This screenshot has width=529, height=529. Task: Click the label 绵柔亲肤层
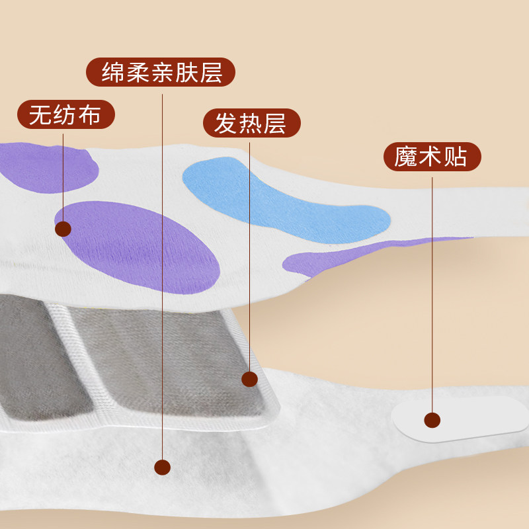162,72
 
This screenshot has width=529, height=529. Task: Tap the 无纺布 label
65,115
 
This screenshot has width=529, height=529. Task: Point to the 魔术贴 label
432,157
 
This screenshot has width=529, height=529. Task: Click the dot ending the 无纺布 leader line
63,229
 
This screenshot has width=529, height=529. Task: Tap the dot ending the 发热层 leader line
249,379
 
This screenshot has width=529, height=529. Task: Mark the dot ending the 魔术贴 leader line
432,420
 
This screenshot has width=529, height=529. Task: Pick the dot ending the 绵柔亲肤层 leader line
162,468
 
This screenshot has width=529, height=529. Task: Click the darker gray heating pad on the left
40,357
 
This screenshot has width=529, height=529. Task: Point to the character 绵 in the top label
113,72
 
